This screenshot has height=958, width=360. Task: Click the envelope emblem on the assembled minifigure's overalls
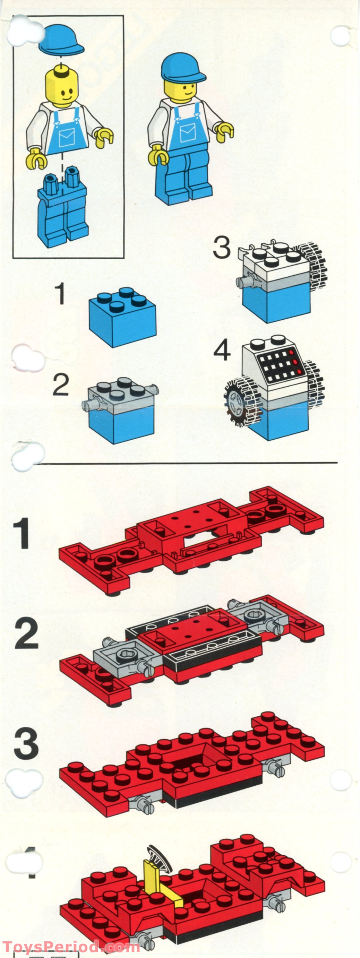[x=187, y=133]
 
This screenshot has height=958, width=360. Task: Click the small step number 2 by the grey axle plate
[x=61, y=385]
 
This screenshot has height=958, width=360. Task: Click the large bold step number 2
[x=26, y=633]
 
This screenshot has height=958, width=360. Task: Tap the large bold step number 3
[x=26, y=744]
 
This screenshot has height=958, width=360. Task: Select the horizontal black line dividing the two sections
[x=186, y=463]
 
